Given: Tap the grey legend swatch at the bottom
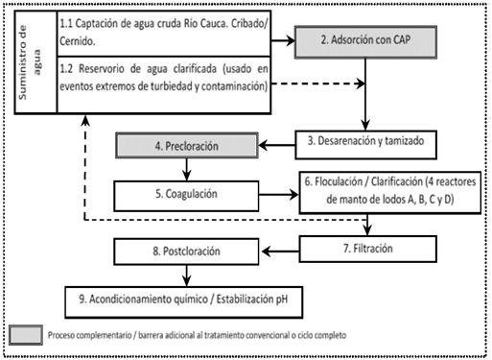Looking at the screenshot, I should click(x=38, y=334).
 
